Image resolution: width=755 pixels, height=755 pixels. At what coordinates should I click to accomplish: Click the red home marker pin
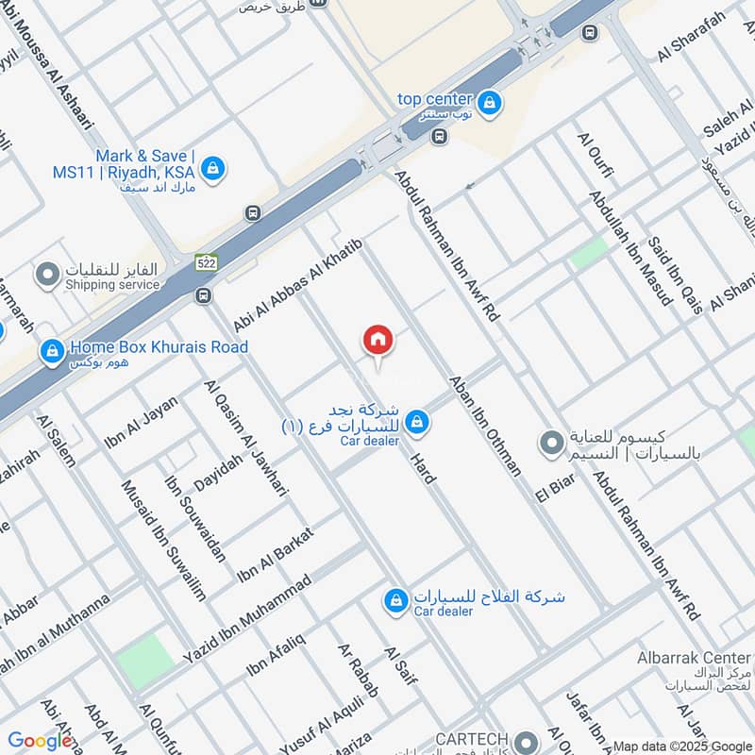point(378,341)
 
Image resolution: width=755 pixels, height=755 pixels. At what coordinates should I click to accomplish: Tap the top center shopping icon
point(488,101)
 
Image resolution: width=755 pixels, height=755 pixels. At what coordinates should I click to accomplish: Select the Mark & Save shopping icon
point(214,168)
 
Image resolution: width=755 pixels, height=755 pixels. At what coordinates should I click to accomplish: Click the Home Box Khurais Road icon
point(51,352)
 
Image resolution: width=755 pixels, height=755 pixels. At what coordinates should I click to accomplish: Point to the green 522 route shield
point(207,263)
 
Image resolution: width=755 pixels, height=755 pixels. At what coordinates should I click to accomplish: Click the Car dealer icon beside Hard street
point(417,423)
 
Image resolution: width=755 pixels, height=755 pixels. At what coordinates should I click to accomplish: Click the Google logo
point(40,741)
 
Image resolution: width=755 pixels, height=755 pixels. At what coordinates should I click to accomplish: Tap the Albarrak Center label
point(706,657)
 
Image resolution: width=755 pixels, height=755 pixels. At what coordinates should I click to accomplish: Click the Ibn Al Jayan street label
point(142,422)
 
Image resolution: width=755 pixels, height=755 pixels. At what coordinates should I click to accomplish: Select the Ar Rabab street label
point(359,671)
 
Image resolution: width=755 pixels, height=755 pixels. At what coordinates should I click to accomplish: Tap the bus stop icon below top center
point(438,137)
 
